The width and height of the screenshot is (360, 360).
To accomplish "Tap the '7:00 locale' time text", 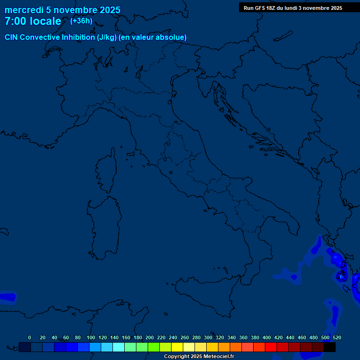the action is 33,21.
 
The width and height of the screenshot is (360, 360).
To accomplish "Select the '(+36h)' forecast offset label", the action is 81,21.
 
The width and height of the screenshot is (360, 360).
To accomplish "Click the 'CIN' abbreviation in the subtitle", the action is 11,37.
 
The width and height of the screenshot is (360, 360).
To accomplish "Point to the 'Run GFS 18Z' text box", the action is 292,8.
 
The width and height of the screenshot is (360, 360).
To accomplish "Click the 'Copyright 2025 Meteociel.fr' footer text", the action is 199,357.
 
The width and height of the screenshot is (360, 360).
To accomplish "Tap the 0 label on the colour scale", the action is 30,337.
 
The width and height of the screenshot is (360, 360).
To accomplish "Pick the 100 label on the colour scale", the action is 90,337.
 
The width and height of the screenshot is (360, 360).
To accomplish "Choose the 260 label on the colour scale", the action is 184,337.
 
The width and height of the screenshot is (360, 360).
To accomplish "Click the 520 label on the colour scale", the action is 337,337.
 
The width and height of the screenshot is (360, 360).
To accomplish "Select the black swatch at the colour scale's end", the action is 330,347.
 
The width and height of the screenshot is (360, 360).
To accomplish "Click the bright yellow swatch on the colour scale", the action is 177,347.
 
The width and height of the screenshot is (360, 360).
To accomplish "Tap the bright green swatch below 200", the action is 154,347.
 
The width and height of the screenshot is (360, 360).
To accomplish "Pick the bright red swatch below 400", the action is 271,347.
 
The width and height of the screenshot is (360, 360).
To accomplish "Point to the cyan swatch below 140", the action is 119,347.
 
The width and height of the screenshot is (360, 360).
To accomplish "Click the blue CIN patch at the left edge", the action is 7,297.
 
